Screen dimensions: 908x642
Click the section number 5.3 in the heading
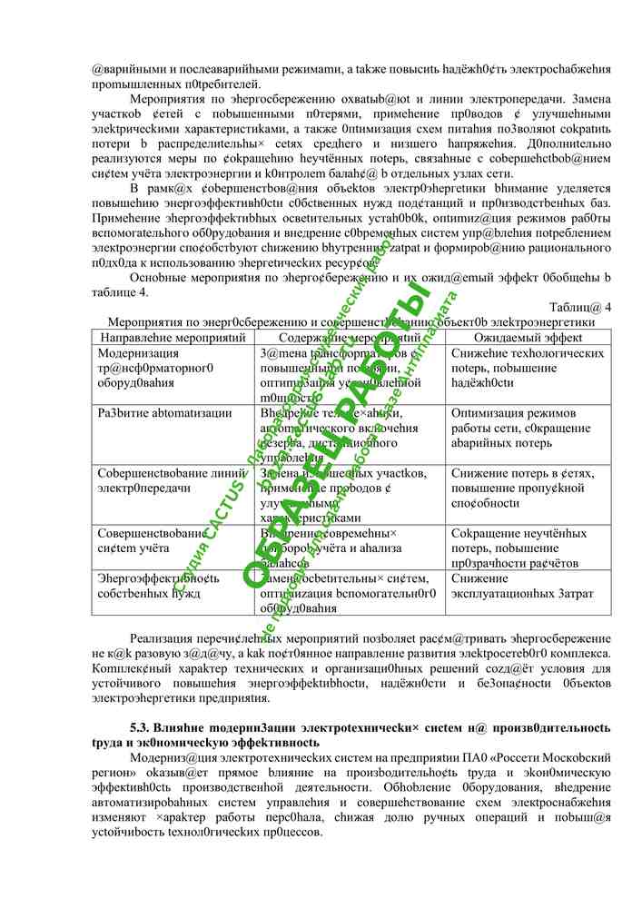point(140,728)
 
